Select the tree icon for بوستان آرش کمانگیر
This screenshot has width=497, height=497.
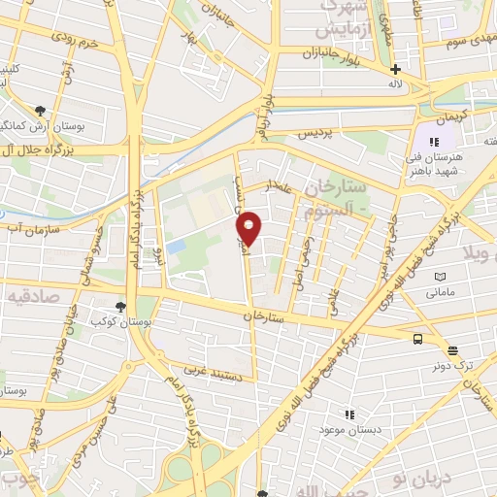tap(40, 112)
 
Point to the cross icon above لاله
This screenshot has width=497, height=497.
tap(395, 69)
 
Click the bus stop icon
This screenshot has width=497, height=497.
tap(417, 339)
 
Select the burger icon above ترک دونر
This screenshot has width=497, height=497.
tap(452, 350)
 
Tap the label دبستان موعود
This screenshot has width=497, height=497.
tap(357, 428)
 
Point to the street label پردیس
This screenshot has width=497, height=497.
tap(318, 130)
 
